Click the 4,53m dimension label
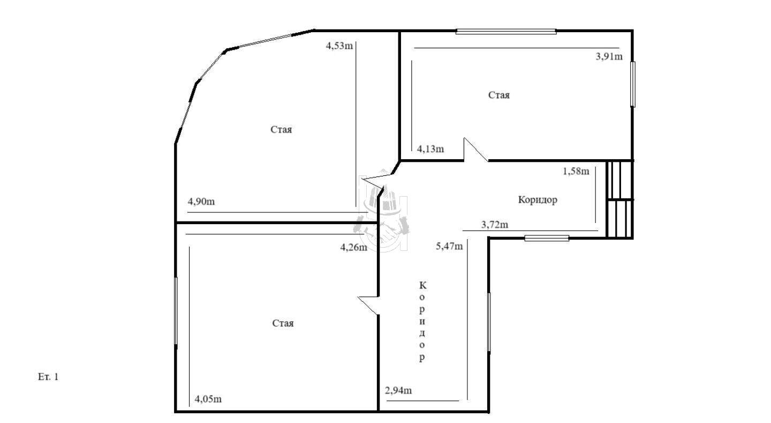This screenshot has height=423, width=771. coord(339,46)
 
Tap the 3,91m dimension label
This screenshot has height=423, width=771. coord(609,56)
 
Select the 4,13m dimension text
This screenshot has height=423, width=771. coord(430,149)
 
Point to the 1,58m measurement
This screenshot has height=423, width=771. coord(576,171)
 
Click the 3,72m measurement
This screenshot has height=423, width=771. coord(495,225)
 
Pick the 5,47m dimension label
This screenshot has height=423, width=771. coord(450,246)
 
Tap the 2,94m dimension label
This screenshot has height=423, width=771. coord(398,390)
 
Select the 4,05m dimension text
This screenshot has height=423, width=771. coord(208,399)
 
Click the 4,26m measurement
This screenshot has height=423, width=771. coord(354,247)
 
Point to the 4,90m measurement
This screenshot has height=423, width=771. coord(201,202)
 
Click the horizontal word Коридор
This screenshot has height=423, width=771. coord(538,200)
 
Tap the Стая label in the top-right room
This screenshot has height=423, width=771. coord(499,95)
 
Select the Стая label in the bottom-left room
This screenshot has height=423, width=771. coord(283,323)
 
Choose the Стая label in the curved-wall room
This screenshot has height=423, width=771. coord(281,129)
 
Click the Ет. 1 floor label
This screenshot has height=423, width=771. coord(48,377)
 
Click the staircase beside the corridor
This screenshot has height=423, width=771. coord(619,199)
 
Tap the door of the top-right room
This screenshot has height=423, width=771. coord(475,150)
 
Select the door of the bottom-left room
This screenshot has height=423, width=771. coord(368,306)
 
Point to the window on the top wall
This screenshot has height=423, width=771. coord(506,32)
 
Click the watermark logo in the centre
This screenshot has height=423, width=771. coord(383,211)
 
